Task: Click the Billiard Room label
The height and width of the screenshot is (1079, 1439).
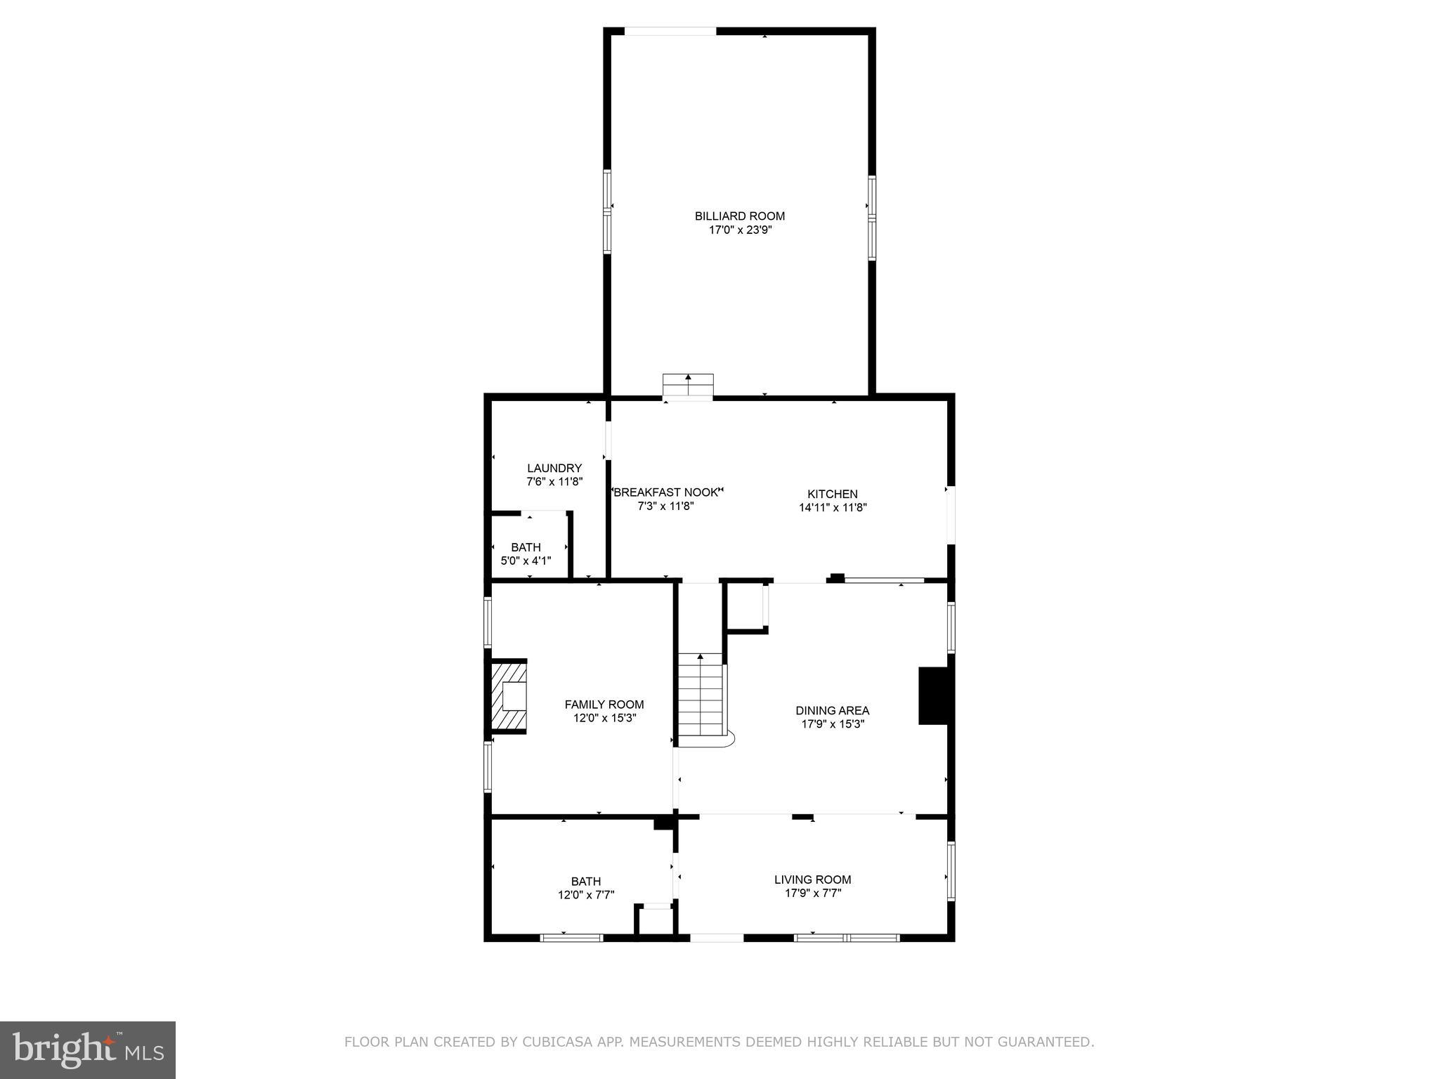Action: tap(740, 216)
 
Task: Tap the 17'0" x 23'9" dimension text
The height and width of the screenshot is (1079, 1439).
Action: tap(740, 230)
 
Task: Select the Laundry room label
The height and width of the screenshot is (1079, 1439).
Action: tap(554, 469)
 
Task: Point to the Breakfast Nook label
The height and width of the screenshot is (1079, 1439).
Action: tap(667, 492)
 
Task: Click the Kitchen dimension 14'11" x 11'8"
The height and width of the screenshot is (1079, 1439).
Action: tap(833, 508)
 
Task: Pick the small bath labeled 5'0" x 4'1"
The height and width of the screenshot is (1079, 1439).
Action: tap(526, 554)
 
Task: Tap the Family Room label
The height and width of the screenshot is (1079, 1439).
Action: tap(604, 705)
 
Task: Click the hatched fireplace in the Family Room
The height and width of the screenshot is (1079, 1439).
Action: tap(509, 697)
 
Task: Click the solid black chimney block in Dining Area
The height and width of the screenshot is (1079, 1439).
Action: tap(933, 695)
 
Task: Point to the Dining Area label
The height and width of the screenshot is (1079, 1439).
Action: tap(832, 711)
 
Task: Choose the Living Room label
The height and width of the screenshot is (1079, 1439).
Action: tap(812, 879)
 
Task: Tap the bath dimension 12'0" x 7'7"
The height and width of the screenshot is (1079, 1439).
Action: tap(585, 895)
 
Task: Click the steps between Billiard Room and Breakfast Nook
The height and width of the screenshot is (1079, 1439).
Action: tap(688, 386)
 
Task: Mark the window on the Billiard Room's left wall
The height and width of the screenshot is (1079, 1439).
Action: tap(607, 211)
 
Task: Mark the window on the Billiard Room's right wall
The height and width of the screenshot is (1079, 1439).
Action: tap(872, 218)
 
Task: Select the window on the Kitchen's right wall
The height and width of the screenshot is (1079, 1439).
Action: tap(950, 514)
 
